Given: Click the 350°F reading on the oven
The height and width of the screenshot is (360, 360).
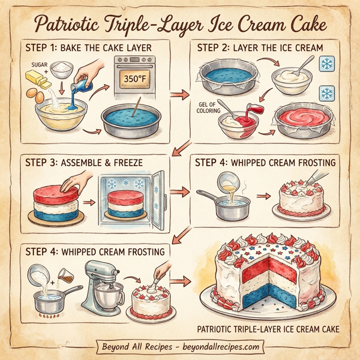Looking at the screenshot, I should pos(135,78).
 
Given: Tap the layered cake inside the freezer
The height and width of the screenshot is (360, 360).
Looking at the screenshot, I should pos(127,205).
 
